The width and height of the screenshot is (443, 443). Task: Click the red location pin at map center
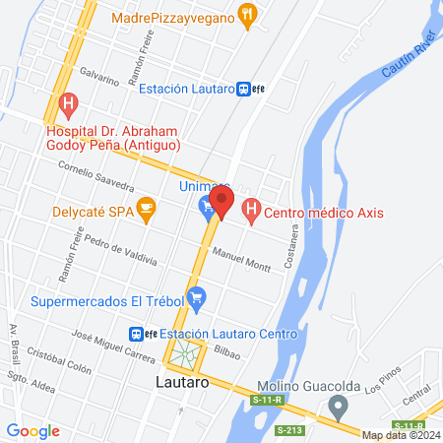tap(221, 204)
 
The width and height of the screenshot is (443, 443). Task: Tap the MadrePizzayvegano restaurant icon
tap(248, 17)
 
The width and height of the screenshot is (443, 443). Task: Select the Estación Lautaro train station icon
tap(243, 89)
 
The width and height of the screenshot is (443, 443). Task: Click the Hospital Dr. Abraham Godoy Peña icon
tap(69, 102)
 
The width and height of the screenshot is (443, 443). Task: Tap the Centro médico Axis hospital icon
tap(250, 209)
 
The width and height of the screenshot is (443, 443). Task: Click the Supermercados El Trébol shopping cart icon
tap(196, 296)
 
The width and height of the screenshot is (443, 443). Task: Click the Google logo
tap(33, 430)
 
